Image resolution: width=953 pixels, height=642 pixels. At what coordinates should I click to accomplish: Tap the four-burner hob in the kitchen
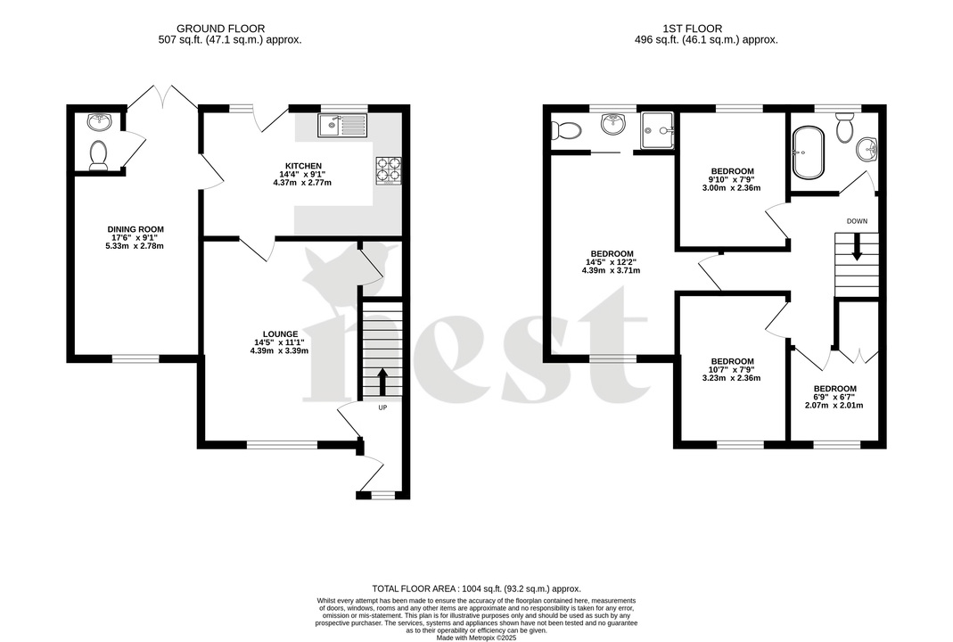click(x=389, y=170)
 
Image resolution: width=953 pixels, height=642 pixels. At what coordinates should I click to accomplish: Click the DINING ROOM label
click(x=136, y=229)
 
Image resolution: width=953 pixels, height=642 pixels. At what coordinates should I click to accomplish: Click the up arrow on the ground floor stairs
click(x=382, y=381)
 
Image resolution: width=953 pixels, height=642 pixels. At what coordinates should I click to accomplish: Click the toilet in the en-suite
click(x=565, y=130)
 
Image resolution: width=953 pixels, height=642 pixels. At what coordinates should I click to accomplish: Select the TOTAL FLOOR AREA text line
click(x=476, y=588)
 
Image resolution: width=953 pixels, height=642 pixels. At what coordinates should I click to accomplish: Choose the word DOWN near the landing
click(x=857, y=220)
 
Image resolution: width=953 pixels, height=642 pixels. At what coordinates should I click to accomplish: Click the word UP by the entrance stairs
click(x=383, y=408)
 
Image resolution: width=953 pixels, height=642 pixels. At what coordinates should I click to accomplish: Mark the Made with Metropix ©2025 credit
click(x=476, y=637)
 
